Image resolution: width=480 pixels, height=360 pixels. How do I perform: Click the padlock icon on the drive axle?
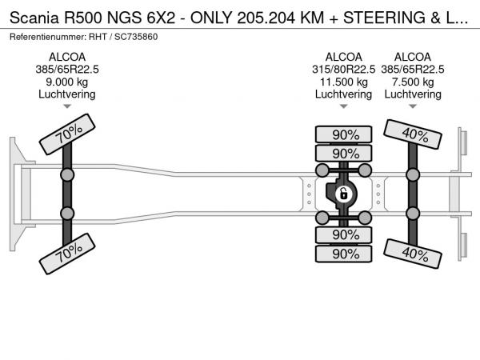point(343,193)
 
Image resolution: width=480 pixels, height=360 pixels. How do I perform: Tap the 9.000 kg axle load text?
point(67,82)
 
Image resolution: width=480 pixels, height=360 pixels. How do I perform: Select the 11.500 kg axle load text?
point(343,82)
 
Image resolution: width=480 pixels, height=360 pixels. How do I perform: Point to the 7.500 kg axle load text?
point(413,82)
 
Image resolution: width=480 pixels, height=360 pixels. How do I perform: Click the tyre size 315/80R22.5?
point(343,70)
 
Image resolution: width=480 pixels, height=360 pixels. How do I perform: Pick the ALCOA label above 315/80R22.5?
point(343,57)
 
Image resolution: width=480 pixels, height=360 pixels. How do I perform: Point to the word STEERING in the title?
point(381,16)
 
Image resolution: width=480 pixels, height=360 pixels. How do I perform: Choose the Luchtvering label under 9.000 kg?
point(67,94)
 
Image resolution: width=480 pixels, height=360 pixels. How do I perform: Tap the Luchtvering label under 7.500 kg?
point(413,94)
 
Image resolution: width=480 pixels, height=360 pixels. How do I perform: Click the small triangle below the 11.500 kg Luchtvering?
point(343,106)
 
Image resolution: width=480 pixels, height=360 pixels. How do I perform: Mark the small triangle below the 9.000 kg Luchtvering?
point(67,106)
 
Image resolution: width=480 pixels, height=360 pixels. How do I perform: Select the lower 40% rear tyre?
point(413,254)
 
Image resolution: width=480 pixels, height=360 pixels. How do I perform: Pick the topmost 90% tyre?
point(345,134)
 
